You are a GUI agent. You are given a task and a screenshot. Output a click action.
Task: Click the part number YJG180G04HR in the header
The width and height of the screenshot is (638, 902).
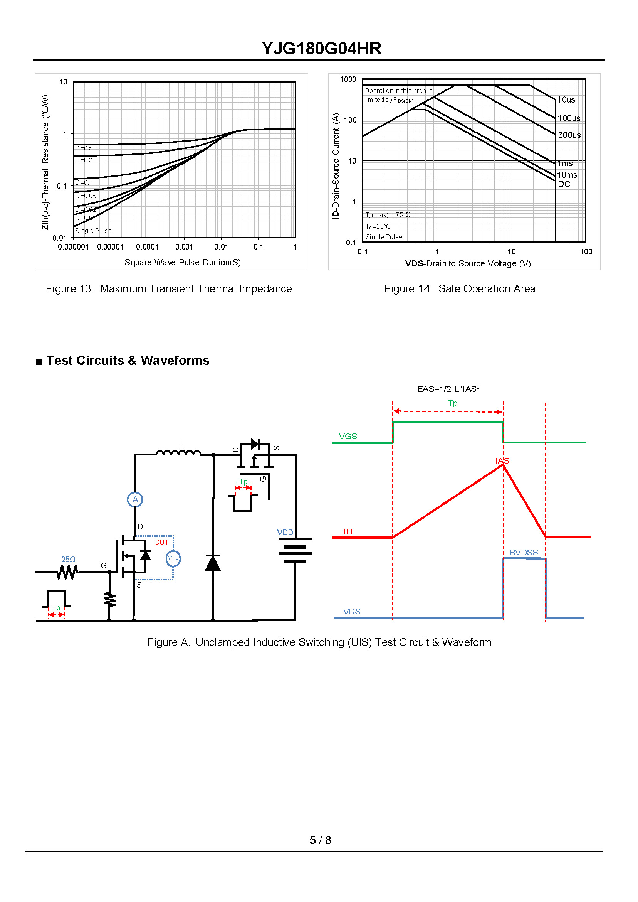321,49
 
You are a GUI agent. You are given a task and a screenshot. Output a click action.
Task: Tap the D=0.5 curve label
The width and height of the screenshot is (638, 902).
84,148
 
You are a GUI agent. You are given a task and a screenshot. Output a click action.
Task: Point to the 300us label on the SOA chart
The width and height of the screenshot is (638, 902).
569,135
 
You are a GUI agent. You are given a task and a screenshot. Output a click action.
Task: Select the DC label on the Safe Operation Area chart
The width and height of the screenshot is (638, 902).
564,184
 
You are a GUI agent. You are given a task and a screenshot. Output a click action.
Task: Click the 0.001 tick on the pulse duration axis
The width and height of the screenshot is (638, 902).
184,247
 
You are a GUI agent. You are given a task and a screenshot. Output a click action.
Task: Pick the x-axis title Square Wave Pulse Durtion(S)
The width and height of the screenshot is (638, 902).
182,262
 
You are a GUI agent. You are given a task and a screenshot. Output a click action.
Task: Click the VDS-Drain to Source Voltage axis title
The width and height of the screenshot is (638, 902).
467,263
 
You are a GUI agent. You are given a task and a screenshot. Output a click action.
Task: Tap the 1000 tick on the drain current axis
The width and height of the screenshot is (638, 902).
348,79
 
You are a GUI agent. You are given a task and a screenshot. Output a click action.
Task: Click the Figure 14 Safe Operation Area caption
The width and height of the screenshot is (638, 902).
459,288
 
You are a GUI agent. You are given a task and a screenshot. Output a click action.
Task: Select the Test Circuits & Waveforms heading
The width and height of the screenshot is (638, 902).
128,361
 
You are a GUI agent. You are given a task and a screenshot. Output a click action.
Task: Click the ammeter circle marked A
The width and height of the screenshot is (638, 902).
135,499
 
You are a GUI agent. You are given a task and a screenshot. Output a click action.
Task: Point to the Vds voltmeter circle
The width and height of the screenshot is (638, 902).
173,559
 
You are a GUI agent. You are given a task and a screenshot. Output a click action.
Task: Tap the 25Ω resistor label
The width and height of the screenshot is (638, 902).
68,559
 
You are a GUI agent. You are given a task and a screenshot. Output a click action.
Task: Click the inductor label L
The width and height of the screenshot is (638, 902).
181,443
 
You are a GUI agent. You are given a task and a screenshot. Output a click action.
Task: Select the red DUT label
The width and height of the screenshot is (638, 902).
161,542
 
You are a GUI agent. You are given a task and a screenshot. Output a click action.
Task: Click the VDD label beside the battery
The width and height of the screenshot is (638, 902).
285,533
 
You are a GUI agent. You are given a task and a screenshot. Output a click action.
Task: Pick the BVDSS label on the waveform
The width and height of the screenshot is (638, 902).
524,553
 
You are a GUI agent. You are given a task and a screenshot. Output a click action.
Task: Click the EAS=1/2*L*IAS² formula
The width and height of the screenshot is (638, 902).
448,389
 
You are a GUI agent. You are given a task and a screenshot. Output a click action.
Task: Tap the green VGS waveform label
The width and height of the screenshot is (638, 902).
348,437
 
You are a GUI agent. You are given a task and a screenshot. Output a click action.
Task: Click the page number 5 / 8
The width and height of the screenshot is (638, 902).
320,840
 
